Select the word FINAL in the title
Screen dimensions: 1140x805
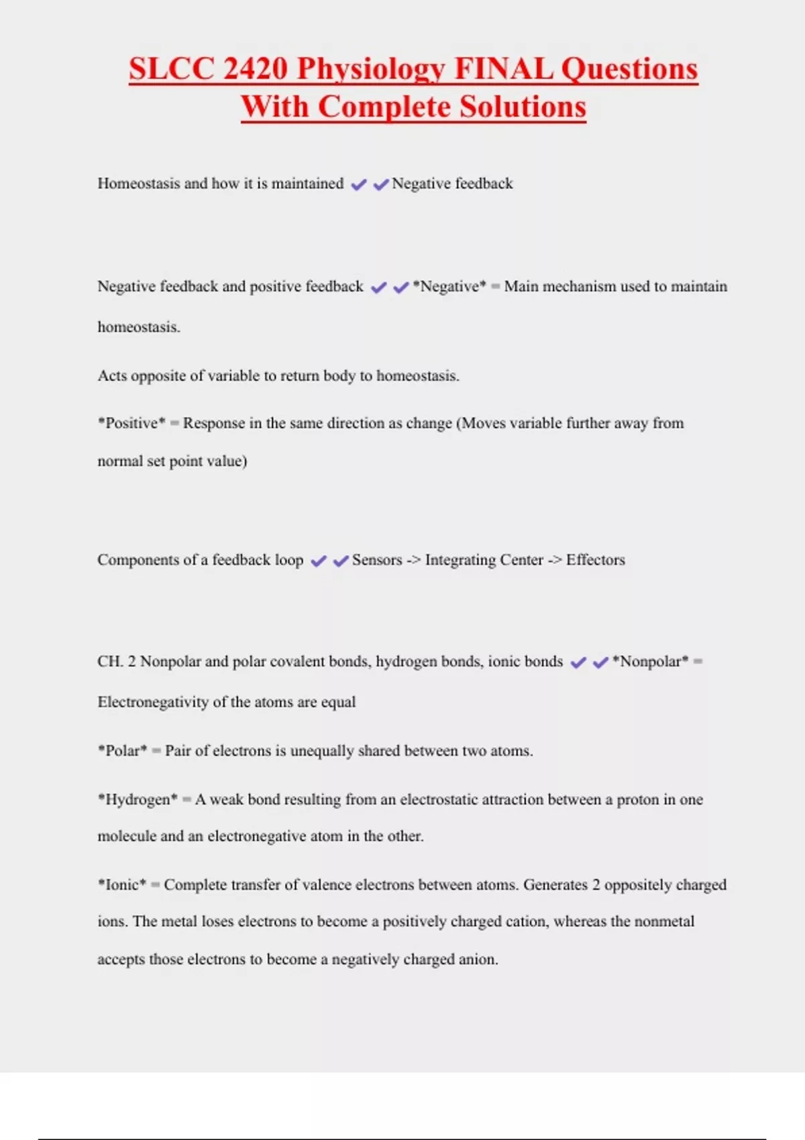tap(503, 68)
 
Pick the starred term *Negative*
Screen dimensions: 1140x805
tap(449, 286)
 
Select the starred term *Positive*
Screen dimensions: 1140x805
tap(131, 423)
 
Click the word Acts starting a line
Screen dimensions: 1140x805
tap(112, 376)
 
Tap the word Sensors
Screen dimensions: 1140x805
tap(377, 560)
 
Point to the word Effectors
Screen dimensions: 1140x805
tap(595, 560)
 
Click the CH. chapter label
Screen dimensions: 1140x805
tap(110, 662)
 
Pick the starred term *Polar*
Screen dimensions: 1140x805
tap(122, 751)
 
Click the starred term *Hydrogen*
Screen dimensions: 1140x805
tap(138, 799)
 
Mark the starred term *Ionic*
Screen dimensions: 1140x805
tap(121, 885)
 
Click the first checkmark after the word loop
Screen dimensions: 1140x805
tap(318, 561)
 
